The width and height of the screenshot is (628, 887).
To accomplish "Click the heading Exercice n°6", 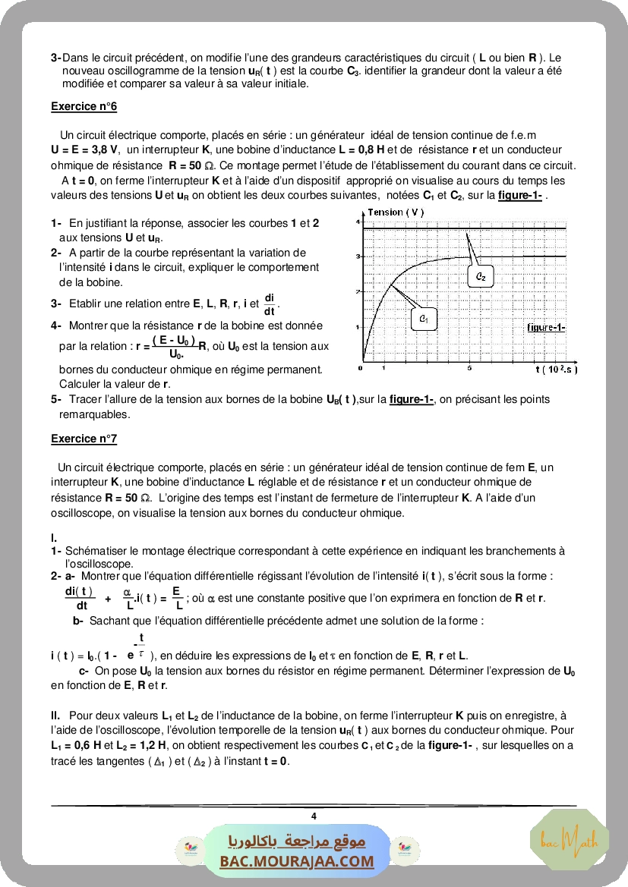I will [x=84, y=106].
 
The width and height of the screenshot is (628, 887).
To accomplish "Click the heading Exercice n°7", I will [x=84, y=439].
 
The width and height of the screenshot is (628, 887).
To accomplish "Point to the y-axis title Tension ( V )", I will [x=395, y=212].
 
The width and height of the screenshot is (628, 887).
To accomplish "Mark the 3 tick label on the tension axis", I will [x=357, y=257].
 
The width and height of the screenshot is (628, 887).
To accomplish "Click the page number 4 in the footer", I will [x=314, y=816].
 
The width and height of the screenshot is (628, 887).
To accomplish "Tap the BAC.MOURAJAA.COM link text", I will [x=297, y=861].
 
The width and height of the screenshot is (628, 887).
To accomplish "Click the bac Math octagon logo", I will [x=569, y=840].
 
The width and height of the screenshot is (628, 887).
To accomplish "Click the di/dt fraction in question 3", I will [x=270, y=304].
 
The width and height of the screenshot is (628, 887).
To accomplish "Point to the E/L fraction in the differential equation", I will [x=176, y=598].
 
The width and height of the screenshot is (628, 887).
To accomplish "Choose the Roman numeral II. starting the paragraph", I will [x=55, y=716].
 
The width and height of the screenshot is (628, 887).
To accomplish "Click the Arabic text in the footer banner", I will [x=297, y=841].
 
